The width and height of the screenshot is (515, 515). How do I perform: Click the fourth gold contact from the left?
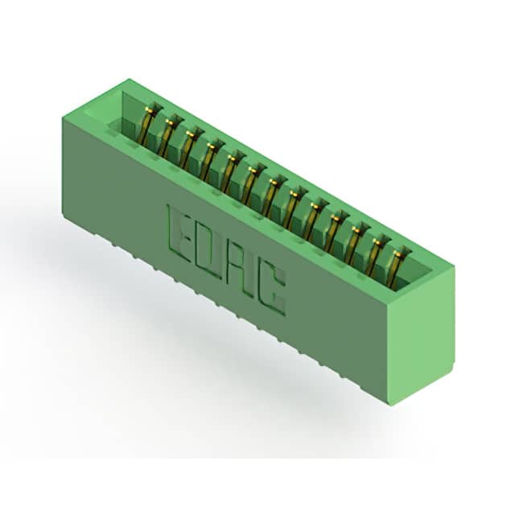click(209, 159)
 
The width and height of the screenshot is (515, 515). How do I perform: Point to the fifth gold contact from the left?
click(230, 171)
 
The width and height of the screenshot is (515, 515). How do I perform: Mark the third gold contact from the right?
click(356, 243)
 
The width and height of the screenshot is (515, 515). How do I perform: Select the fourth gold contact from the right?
click(335, 231)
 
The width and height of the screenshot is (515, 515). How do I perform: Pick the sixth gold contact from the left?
click(251, 183)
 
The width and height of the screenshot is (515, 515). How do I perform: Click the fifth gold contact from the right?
click(314, 219)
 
